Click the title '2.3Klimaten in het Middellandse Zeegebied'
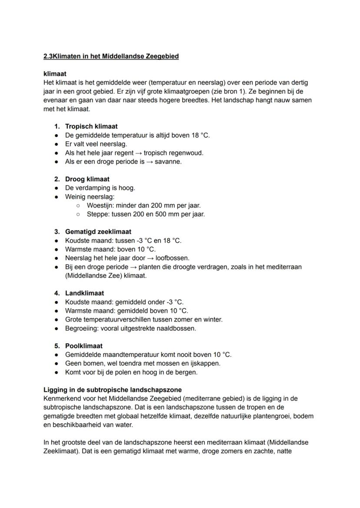111,56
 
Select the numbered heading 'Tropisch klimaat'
91,126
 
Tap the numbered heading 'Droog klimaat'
87,179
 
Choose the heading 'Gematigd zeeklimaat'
98,232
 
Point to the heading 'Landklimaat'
84,293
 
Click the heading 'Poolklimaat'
84,346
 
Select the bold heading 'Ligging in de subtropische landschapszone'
113,390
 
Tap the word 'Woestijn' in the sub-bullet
100,206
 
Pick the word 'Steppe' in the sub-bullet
97,214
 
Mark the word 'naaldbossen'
178,328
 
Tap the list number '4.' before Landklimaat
57,293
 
